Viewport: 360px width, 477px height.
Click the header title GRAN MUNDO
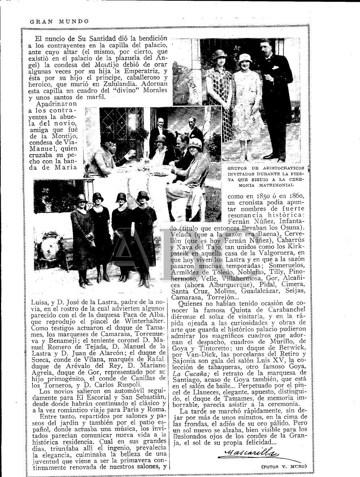coord(58,21)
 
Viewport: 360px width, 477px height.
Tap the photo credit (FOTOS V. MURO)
coord(284,467)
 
